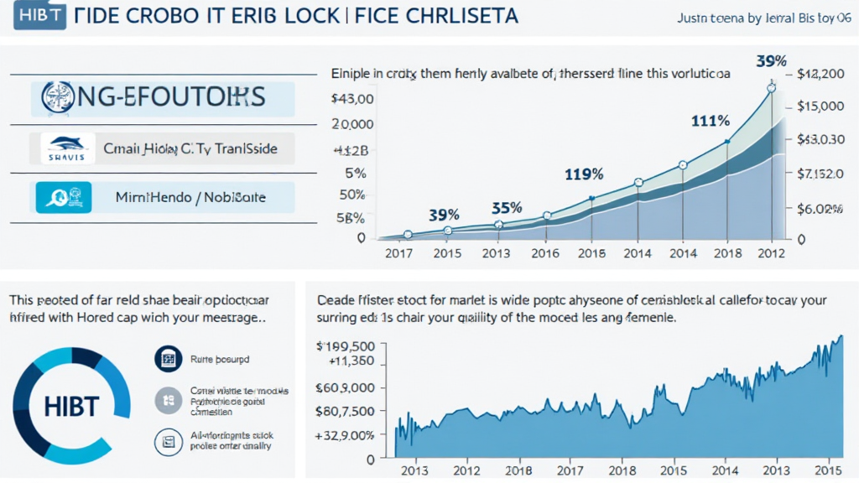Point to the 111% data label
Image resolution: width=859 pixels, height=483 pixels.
[x=710, y=121]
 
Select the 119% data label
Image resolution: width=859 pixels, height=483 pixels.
[x=584, y=174]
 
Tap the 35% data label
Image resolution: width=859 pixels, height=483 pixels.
[x=506, y=207]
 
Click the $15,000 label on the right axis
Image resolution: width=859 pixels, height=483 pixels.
[x=820, y=106]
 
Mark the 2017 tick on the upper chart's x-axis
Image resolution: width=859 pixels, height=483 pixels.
[x=400, y=254]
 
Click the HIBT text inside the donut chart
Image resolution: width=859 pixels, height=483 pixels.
[x=69, y=407]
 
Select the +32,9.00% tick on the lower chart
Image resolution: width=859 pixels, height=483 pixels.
[x=343, y=435]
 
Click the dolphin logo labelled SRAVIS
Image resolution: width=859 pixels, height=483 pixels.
[x=62, y=149]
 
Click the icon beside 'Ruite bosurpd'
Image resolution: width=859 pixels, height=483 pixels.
[x=168, y=360]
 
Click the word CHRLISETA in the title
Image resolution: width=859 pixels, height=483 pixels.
[x=456, y=16]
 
